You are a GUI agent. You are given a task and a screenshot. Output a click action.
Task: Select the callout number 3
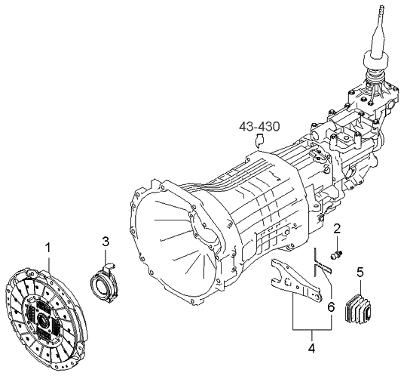(x=106, y=241)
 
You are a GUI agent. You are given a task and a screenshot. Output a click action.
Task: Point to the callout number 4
(x=311, y=349)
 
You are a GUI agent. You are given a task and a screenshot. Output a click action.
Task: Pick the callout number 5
(x=360, y=271)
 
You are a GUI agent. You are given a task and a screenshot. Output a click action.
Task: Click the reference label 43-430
(x=259, y=125)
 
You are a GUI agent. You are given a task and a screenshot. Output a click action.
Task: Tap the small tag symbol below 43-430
(x=260, y=139)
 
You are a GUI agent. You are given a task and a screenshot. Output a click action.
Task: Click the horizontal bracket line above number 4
(x=311, y=331)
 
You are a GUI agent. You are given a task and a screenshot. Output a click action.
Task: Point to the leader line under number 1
(x=48, y=260)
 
